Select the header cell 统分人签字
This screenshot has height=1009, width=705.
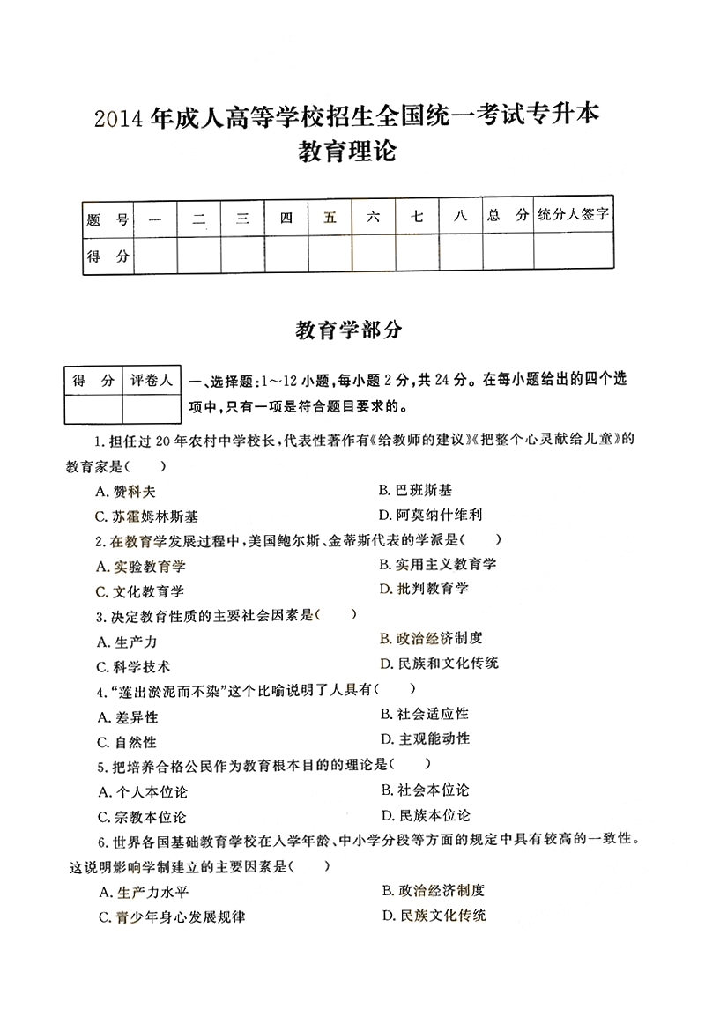click(x=574, y=216)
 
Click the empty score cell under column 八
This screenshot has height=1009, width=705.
click(x=460, y=256)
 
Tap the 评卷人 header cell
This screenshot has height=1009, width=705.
click(x=151, y=381)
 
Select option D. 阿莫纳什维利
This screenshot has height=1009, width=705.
click(x=430, y=514)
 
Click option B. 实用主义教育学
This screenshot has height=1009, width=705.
click(x=437, y=564)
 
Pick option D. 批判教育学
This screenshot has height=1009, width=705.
click(x=424, y=588)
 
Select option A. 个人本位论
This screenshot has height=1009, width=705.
click(x=142, y=792)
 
